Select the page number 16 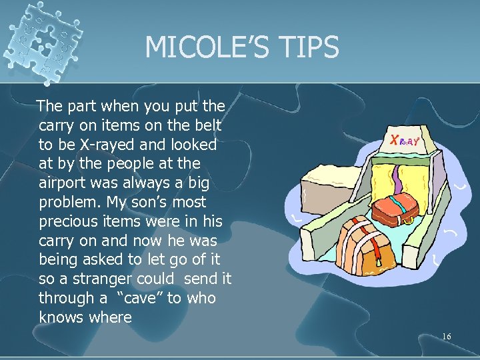[x=446, y=337]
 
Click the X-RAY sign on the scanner [x=407, y=141]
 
